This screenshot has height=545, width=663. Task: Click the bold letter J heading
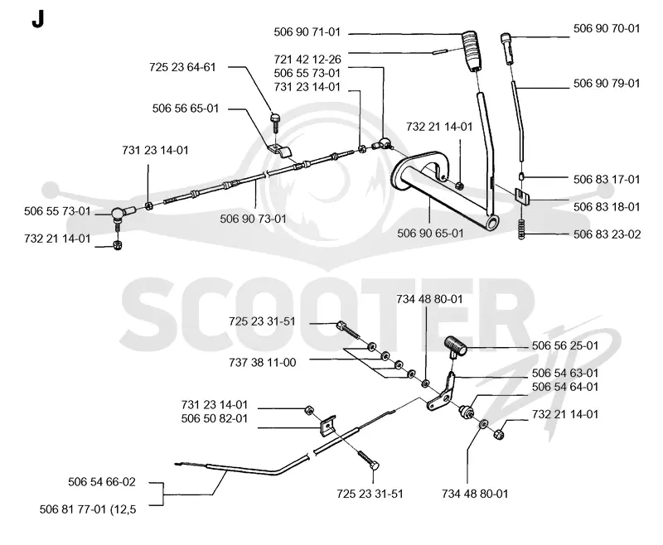coord(37,19)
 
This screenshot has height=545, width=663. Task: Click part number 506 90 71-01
coord(307,32)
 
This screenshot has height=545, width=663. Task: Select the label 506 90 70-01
coord(607,28)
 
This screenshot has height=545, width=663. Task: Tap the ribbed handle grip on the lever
coord(473,50)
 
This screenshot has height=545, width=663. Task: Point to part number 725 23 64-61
coord(182,67)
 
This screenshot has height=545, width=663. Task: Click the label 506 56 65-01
coord(186,109)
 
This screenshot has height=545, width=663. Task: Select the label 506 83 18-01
coord(607,206)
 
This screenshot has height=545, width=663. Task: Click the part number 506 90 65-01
coord(430,234)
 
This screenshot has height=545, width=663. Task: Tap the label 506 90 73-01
coord(254,219)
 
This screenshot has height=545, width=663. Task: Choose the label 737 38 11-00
coord(263,363)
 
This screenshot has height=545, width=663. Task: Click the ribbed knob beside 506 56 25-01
coord(455,345)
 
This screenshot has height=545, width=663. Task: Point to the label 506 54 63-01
coord(565,373)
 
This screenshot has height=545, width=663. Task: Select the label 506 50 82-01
coord(215,418)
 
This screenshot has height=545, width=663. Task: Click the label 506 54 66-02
coord(102,482)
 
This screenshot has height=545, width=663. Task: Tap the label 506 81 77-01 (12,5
coord(88,509)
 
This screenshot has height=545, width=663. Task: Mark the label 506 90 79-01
coord(607,83)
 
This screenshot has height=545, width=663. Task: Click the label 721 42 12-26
coord(307,59)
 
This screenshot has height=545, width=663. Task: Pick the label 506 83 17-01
coord(607,180)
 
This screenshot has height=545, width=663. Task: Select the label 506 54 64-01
coord(565,387)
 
